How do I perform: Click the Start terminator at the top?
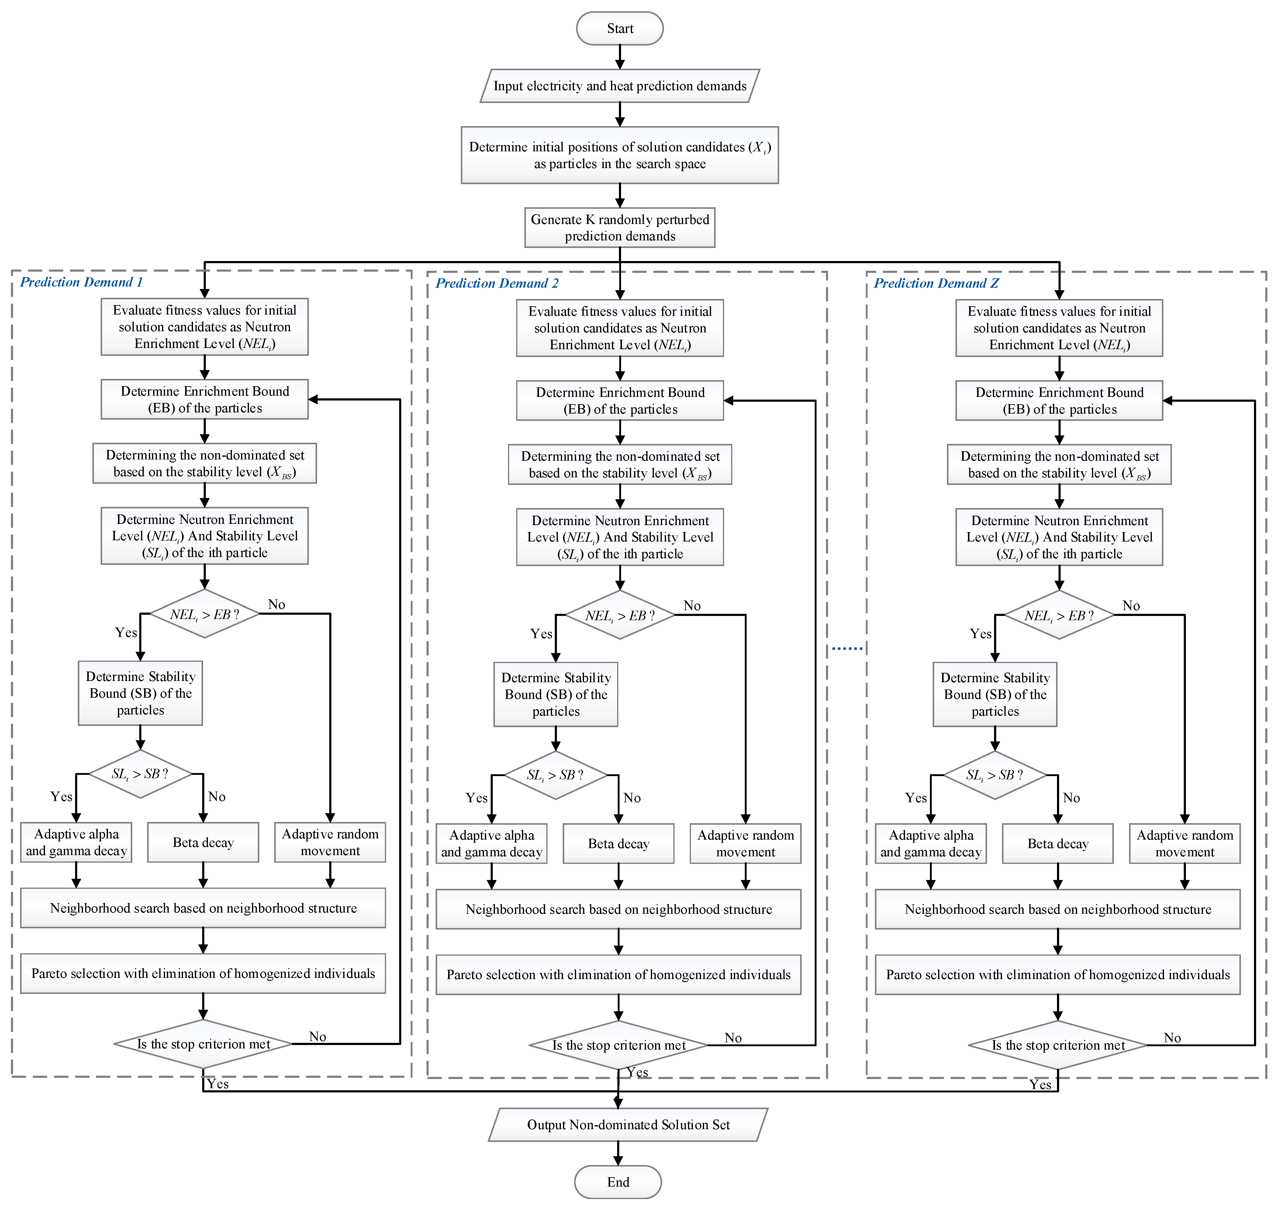[x=619, y=28]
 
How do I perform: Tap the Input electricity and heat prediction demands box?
[x=619, y=86]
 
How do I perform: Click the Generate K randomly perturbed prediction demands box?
[x=619, y=228]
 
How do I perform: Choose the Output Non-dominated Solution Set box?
[x=628, y=1125]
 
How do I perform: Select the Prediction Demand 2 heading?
[x=497, y=283]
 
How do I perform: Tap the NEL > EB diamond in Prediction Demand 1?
[x=205, y=614]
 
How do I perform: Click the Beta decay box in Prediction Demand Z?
[x=1057, y=844]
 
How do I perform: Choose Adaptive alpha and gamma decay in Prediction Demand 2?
[x=492, y=844]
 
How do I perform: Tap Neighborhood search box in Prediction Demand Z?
[x=1057, y=909]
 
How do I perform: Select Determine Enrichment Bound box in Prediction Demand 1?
[x=205, y=399]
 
